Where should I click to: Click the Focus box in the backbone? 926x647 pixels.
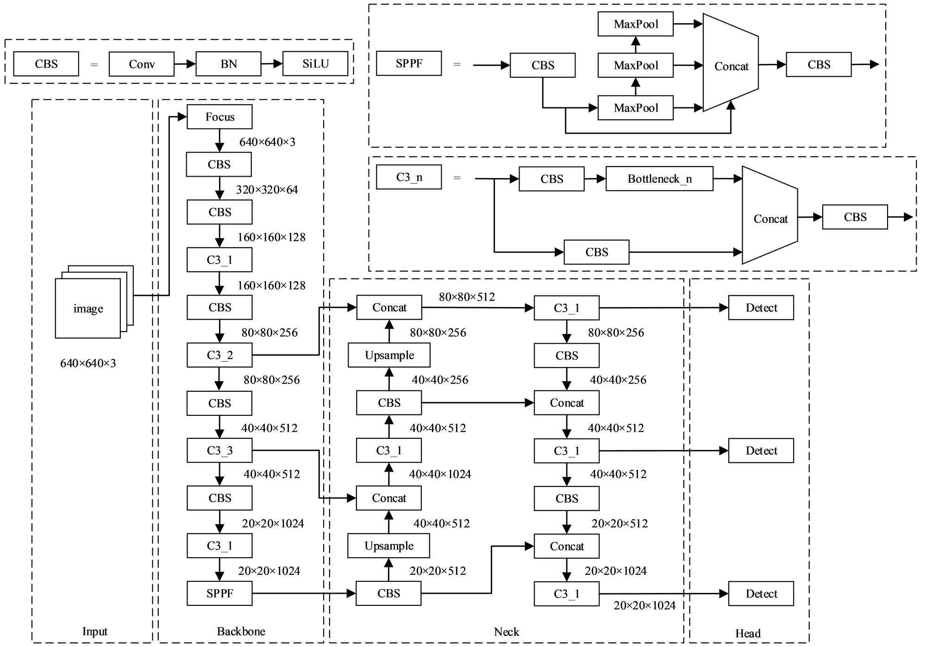[x=219, y=117]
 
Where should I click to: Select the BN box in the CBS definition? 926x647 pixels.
[x=228, y=64]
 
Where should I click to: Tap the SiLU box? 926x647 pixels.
[x=315, y=64]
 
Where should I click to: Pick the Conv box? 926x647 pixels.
[x=142, y=64]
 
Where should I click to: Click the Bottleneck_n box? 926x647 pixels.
[x=659, y=179]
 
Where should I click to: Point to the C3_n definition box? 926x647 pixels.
[x=409, y=177]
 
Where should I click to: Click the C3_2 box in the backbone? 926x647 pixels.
[x=219, y=355]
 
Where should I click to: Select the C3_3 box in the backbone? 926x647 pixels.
[x=219, y=450]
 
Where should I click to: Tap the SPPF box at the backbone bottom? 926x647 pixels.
[x=219, y=593]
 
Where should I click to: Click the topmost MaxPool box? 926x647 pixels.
[x=636, y=24]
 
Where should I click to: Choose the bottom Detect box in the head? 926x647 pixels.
[x=761, y=594]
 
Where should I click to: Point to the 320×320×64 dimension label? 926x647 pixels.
[x=267, y=190]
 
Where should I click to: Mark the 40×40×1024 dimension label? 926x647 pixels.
[x=440, y=474]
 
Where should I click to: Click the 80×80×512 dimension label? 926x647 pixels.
[x=467, y=297]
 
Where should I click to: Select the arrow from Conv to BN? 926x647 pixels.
[x=185, y=64]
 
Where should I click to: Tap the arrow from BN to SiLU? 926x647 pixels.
[x=272, y=64]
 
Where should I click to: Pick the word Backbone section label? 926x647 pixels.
[x=241, y=631]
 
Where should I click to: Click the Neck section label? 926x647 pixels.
[x=507, y=632]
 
